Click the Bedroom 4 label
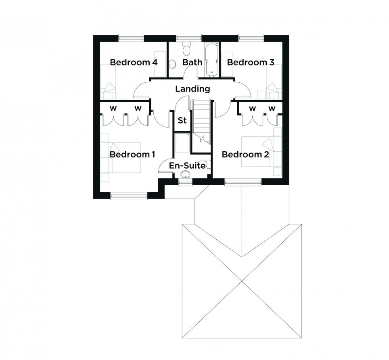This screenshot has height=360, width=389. coord(134,62)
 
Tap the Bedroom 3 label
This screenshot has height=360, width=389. coord(251,62)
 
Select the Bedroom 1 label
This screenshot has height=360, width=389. coord(132,154)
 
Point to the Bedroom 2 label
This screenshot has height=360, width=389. coord(245,154)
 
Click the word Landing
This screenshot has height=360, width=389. coord(193,89)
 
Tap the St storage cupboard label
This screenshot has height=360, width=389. coord(182,120)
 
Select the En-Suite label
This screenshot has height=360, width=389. coord(187,165)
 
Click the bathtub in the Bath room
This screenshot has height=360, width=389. coord(211,60)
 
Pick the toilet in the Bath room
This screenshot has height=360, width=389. coord(186,48)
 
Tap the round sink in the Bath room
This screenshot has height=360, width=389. coord(172,64)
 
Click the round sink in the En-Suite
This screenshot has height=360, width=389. coord(185,174)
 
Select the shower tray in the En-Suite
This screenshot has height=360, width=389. coord(182,142)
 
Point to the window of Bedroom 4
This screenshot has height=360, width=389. coord(131,38)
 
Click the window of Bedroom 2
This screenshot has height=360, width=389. coord(243,182)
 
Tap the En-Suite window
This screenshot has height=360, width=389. coord(186,182)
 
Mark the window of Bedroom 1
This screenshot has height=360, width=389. coord(129,196)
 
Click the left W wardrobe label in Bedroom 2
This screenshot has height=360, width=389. coord(252,109)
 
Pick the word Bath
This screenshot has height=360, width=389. coord(192,62)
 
